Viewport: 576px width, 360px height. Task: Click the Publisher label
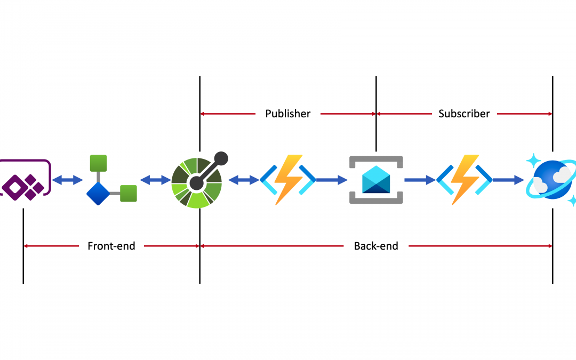(288, 114)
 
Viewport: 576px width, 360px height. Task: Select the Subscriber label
(464, 114)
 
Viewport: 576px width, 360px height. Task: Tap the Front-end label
(111, 246)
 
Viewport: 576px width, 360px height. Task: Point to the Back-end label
(376, 246)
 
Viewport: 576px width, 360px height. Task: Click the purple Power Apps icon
(25, 180)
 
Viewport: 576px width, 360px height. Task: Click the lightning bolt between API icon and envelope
(288, 180)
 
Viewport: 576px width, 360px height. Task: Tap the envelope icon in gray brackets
(376, 180)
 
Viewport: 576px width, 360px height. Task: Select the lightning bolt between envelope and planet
(464, 180)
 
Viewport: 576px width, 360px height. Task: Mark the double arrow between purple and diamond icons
(68, 180)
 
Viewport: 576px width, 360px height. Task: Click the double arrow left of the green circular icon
(155, 180)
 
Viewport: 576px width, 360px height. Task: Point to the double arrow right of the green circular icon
(244, 180)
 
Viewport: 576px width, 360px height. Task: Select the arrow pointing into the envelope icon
(331, 180)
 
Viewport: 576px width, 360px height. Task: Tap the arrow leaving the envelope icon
(420, 180)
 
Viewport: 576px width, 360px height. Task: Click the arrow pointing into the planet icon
(508, 180)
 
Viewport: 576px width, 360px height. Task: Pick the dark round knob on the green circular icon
(221, 158)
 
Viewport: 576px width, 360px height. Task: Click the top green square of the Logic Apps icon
(98, 163)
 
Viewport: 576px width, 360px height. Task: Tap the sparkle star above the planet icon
(533, 159)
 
